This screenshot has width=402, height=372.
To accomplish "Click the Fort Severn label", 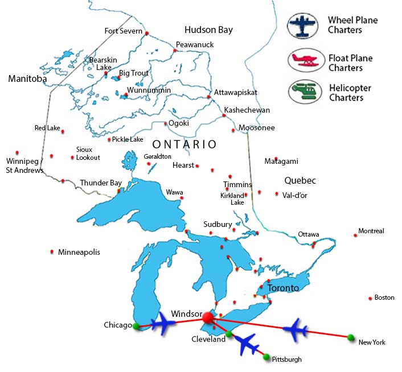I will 124,31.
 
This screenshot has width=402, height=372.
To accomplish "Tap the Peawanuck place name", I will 194,44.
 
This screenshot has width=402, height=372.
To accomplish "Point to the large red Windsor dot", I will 208,317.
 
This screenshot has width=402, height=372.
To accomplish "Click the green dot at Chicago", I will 136,326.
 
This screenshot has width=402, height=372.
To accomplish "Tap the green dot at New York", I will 351,337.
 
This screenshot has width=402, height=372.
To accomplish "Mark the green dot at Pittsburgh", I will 266,357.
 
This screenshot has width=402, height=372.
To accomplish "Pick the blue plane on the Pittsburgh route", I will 247,344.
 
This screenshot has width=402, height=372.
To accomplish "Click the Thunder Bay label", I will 101,183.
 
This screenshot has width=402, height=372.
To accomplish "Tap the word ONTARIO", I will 184,144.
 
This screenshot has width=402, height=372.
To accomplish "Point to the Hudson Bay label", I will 208,30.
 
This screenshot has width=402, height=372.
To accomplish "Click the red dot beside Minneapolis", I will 52,251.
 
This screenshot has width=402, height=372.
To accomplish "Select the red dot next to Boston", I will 370,298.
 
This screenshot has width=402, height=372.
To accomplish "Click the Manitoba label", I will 27,79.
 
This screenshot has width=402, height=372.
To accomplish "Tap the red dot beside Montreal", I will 355,235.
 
